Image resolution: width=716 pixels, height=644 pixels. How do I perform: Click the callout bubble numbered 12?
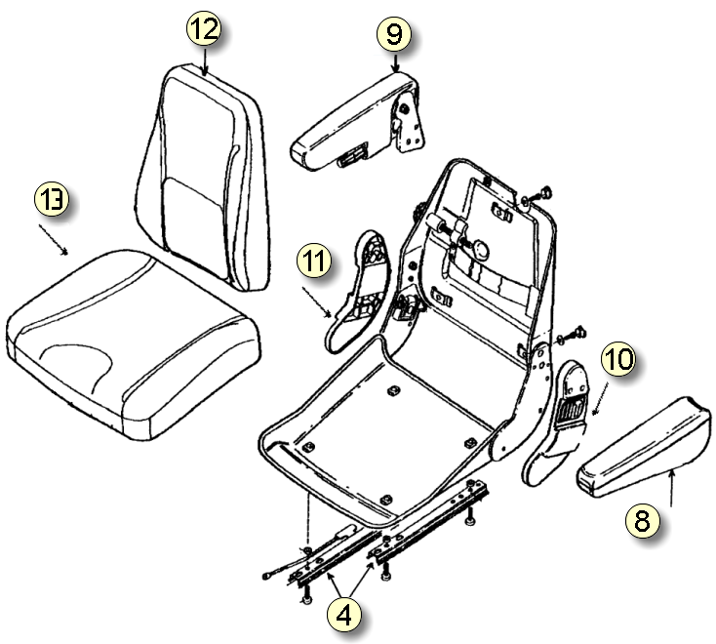204,29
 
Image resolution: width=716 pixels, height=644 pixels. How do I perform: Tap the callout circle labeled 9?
393,34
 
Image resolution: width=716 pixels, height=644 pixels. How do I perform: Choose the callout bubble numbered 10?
617,361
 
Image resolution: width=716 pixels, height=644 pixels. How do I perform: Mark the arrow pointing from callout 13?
53,239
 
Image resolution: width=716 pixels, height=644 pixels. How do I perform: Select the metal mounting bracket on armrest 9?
410,122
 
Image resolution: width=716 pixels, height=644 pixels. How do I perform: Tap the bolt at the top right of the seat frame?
543,191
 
